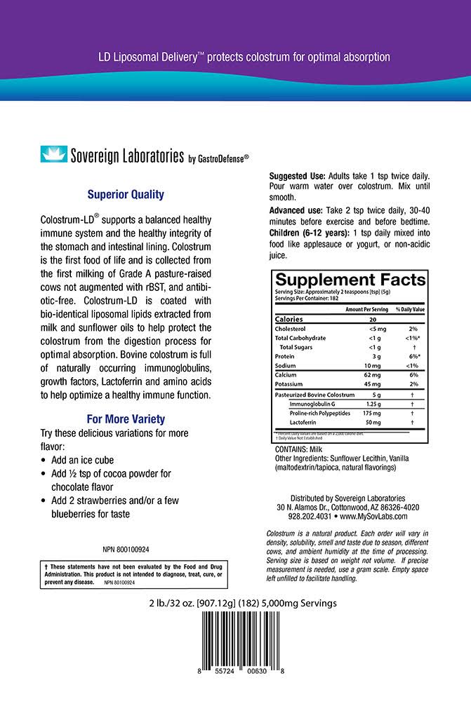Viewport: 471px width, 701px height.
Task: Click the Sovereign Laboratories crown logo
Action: coord(53,155)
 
